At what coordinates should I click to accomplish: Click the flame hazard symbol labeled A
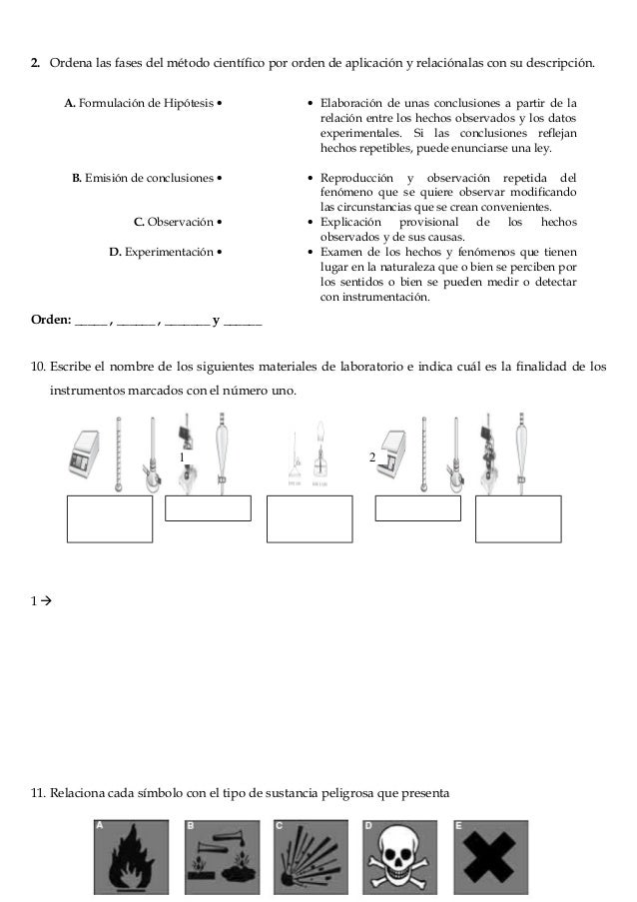coord(133,859)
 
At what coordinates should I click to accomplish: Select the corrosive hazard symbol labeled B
coord(222,859)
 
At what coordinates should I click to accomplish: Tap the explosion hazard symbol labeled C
coord(311,859)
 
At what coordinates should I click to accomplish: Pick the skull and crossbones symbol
coord(399,859)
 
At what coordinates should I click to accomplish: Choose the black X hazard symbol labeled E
coord(490,859)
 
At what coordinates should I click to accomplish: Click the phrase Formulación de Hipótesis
coord(145,102)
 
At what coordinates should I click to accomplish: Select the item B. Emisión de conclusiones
coord(143,179)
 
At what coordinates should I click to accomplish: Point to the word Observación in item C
coord(180,222)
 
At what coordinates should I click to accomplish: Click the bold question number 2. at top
coord(35,65)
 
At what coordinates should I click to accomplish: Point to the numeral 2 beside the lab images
coord(371,456)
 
